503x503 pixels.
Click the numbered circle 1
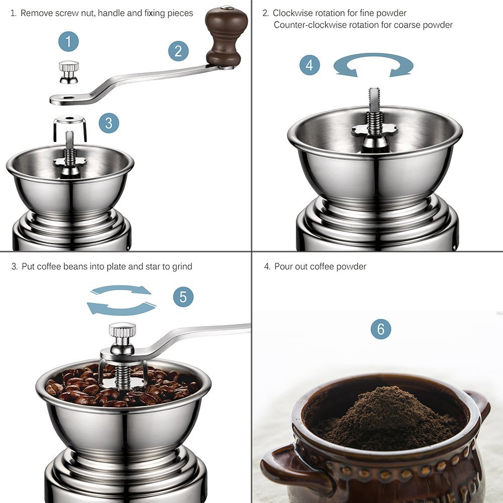coord(68,41)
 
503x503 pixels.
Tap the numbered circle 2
coord(179,51)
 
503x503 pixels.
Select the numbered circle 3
coord(109,123)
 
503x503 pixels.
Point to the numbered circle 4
coord(309,65)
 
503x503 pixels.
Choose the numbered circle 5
coord(183,297)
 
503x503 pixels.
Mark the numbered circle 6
coord(381,329)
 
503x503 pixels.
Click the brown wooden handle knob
coord(226,36)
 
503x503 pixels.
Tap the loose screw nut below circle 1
coord(68,72)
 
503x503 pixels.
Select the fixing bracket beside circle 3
coord(70,128)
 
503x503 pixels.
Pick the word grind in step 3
coord(182,267)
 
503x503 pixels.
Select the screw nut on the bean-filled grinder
coord(122,339)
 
